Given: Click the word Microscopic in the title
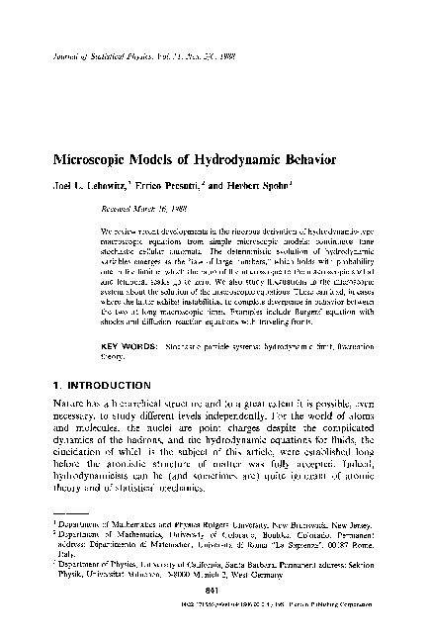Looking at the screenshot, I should click(88, 158).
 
